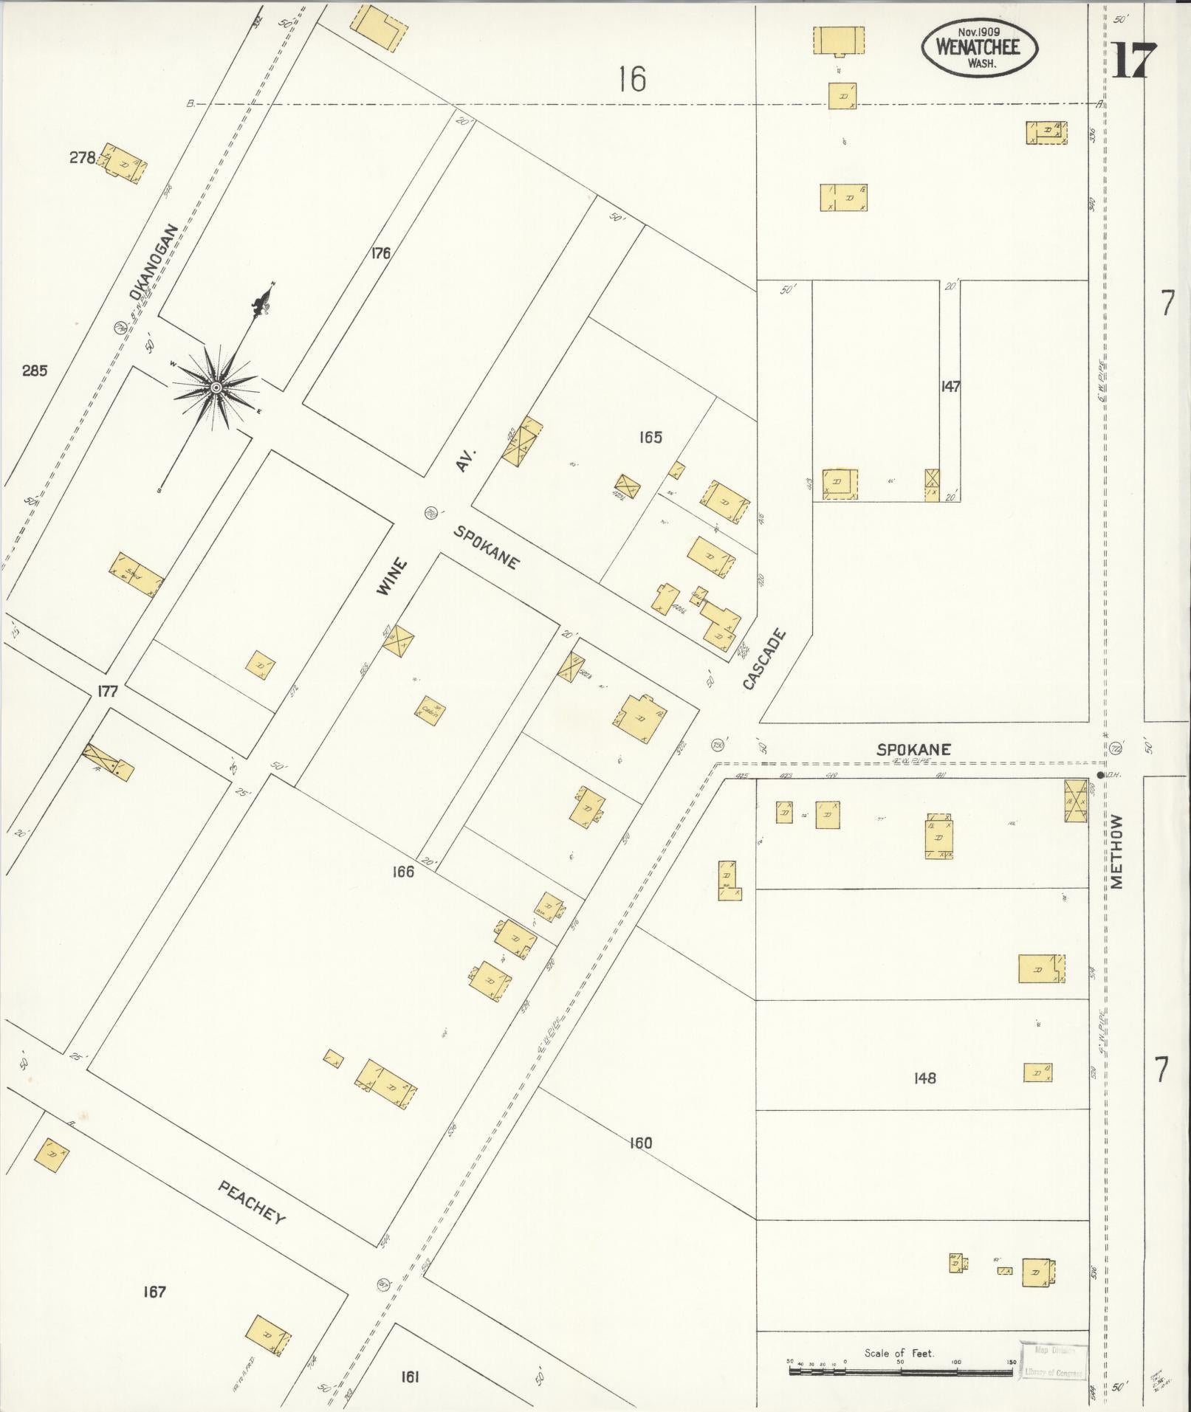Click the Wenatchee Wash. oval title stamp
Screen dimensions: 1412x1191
(x=978, y=47)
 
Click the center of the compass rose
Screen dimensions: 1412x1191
(x=216, y=388)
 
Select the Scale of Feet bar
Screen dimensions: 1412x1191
(x=899, y=1371)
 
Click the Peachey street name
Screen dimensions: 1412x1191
(x=252, y=1201)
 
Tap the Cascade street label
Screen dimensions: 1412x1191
(x=764, y=660)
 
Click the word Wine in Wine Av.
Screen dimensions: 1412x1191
(x=392, y=577)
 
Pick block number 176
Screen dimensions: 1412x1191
(x=381, y=253)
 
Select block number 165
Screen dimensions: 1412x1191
(x=651, y=437)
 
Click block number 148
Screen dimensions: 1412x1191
(x=924, y=1078)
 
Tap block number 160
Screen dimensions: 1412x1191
(x=640, y=1143)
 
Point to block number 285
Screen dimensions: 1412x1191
(x=35, y=371)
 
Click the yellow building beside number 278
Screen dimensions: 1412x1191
(x=124, y=163)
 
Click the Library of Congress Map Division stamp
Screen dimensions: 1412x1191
(x=1054, y=1360)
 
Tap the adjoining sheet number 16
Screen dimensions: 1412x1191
(x=633, y=78)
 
